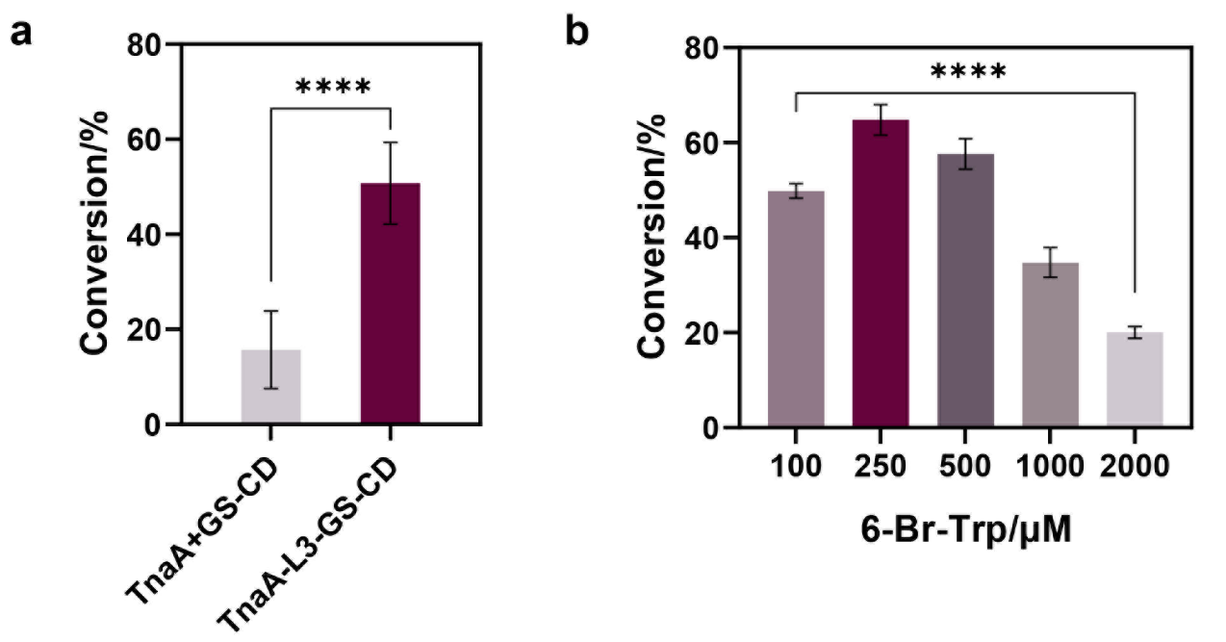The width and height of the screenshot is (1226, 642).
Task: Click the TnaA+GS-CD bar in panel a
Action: pyautogui.click(x=271, y=386)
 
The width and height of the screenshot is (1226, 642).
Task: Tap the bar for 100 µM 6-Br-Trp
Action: pyautogui.click(x=796, y=309)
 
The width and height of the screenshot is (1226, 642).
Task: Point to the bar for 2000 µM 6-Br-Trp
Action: pyautogui.click(x=1135, y=380)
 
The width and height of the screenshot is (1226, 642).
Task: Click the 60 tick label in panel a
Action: pyautogui.click(x=144, y=140)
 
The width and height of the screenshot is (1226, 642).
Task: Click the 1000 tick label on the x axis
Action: pyautogui.click(x=1050, y=467)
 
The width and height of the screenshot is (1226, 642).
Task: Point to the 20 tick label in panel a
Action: pyautogui.click(x=144, y=329)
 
